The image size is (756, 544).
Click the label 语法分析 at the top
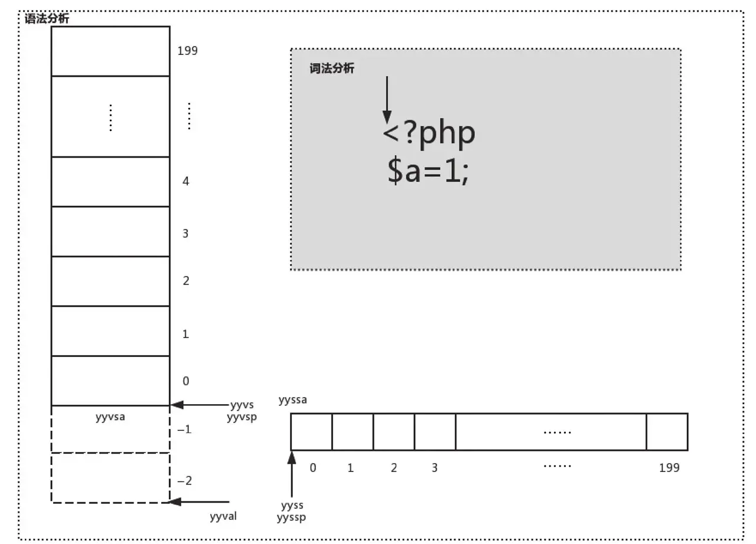pyautogui.click(x=47, y=19)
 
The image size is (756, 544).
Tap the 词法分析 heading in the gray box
pyautogui.click(x=332, y=68)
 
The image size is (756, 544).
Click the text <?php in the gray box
pyautogui.click(x=429, y=134)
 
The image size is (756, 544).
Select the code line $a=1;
pyautogui.click(x=428, y=171)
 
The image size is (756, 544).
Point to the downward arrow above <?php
pyautogui.click(x=386, y=100)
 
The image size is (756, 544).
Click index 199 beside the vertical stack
pyautogui.click(x=187, y=51)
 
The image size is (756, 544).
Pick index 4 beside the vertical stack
pyautogui.click(x=186, y=181)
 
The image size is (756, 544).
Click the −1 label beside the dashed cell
pyautogui.click(x=184, y=430)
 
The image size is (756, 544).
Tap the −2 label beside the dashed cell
pyautogui.click(x=184, y=481)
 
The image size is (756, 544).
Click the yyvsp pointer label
pyautogui.click(x=242, y=416)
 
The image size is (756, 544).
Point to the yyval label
pyautogui.click(x=223, y=517)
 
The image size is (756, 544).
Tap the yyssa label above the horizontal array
pyautogui.click(x=293, y=401)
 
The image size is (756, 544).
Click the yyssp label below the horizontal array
pyautogui.click(x=292, y=517)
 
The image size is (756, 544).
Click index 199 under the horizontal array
pyautogui.click(x=669, y=468)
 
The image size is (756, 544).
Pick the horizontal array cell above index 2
pyautogui.click(x=394, y=431)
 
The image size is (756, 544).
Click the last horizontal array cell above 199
pyautogui.click(x=667, y=431)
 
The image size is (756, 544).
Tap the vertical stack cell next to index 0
pyautogui.click(x=110, y=381)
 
